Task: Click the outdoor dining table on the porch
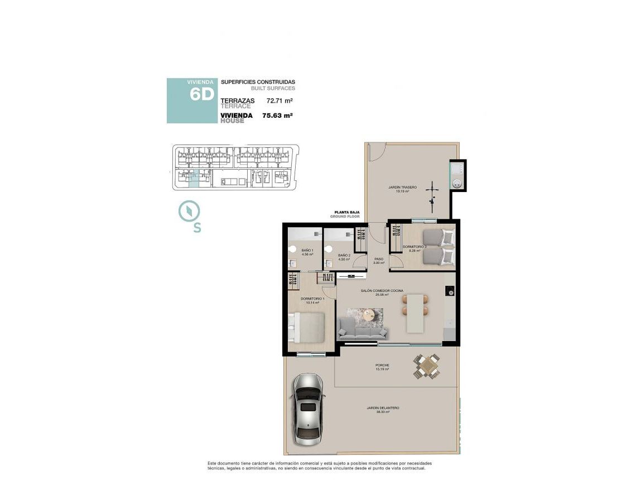[x=427, y=367]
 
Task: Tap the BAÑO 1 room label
[x=307, y=251]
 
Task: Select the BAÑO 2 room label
[x=344, y=256]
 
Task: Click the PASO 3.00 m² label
[x=379, y=260]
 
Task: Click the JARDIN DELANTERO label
[x=383, y=408]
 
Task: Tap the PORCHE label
[x=382, y=366]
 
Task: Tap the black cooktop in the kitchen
[x=450, y=291]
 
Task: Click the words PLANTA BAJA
[x=346, y=213]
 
